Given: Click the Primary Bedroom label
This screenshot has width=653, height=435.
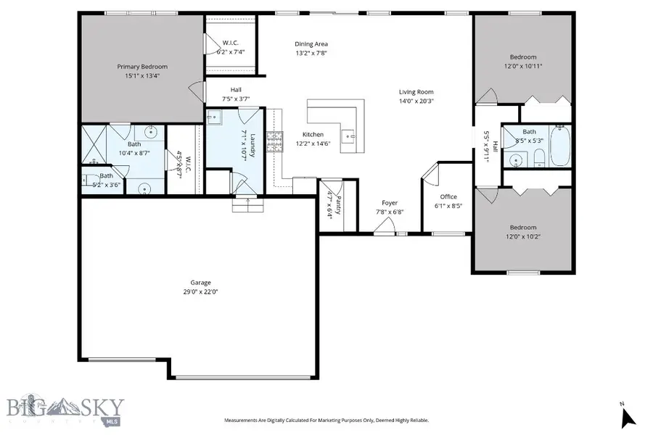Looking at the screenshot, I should pos(142,67).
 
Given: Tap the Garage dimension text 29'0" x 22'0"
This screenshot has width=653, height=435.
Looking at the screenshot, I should pos(200,291).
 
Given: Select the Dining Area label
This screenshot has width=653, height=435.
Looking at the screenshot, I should pos(311,43).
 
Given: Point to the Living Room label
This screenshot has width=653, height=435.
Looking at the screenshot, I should pos(416,92).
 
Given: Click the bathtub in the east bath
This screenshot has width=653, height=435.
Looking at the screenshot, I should pos(560,147).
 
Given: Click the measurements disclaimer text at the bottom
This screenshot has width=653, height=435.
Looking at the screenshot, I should pos(326,420).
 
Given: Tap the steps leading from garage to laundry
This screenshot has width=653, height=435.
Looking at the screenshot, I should pos(245,208).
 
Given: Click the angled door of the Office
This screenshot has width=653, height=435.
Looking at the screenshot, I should pos(430,174).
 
